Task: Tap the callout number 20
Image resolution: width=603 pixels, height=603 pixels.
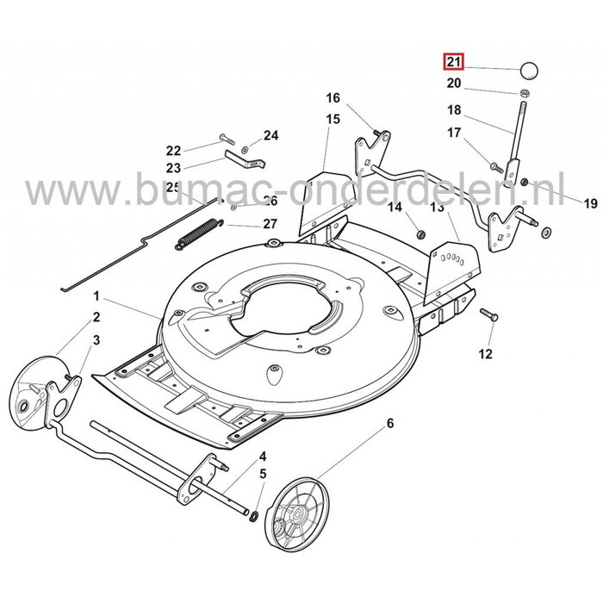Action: (454, 84)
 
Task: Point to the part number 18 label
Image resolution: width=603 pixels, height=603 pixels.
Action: (454, 110)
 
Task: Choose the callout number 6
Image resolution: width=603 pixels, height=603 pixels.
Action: (389, 423)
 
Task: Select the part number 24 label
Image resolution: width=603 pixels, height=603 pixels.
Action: (271, 135)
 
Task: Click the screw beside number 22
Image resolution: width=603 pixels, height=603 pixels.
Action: (227, 138)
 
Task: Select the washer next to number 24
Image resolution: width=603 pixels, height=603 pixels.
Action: (246, 140)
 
